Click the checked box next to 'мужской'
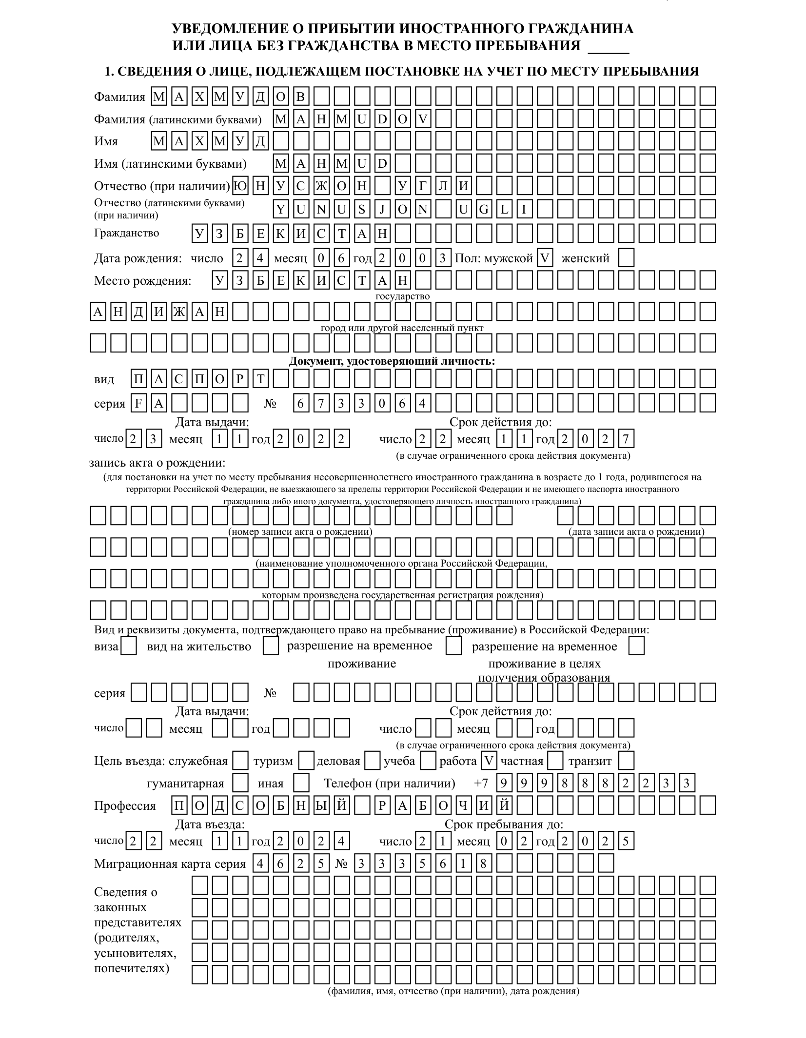click(544, 258)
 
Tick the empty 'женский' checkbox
click(626, 258)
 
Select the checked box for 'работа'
click(489, 761)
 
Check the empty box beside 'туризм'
click(306, 761)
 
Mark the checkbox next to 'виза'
click(128, 646)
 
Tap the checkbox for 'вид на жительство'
click(271, 646)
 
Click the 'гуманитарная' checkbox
click(240, 783)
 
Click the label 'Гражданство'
click(126, 233)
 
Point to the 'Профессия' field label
click(125, 806)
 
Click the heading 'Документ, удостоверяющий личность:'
click(392, 361)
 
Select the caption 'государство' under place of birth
click(402, 296)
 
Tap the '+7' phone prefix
click(480, 783)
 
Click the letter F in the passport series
click(138, 403)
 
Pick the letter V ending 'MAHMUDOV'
click(423, 118)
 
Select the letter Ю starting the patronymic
click(240, 186)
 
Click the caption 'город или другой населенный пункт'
click(402, 328)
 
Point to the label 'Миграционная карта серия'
click(170, 864)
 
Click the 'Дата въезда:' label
click(210, 824)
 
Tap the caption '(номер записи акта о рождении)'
click(300, 531)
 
